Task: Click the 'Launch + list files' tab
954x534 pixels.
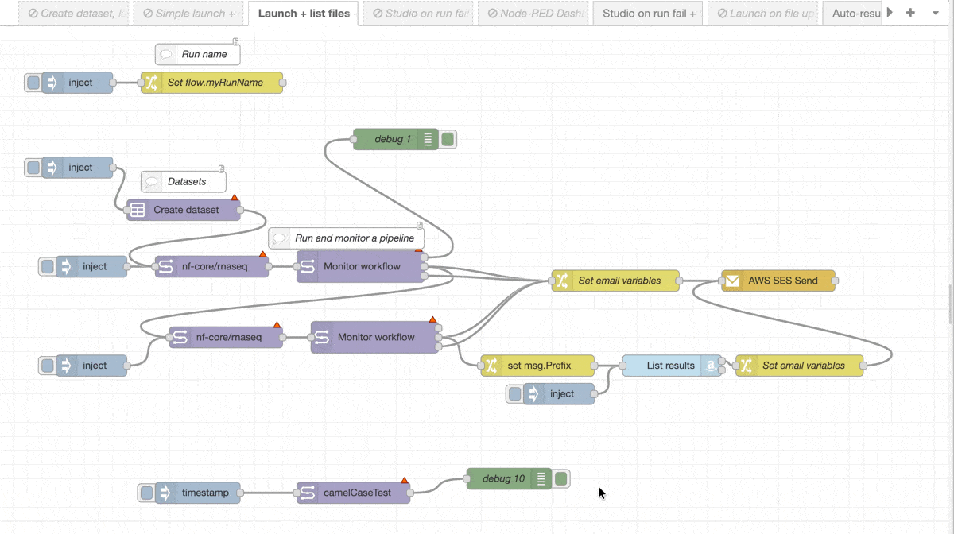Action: tap(304, 14)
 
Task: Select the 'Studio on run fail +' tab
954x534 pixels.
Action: tap(648, 14)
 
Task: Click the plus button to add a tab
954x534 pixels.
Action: tap(911, 13)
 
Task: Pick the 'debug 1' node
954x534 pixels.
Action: tap(393, 140)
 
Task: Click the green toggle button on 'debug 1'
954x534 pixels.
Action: tap(448, 140)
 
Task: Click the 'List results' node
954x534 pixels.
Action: tap(670, 366)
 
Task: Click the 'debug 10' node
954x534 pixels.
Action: tap(503, 478)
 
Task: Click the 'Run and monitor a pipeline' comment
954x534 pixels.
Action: tap(354, 238)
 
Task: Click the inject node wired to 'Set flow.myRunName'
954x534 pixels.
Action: tap(79, 83)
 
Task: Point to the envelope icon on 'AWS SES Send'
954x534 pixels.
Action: tap(732, 281)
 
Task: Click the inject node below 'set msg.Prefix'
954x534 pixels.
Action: tap(561, 393)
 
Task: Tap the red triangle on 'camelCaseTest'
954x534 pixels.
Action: tap(404, 480)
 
